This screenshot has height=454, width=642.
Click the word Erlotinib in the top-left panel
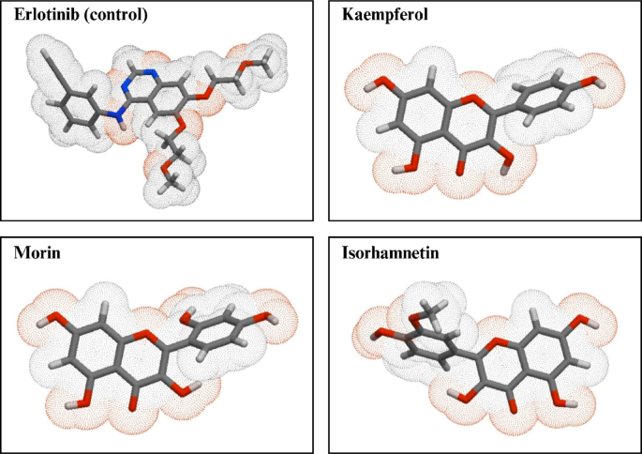click(x=45, y=16)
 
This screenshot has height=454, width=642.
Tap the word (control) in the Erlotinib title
click(x=113, y=16)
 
